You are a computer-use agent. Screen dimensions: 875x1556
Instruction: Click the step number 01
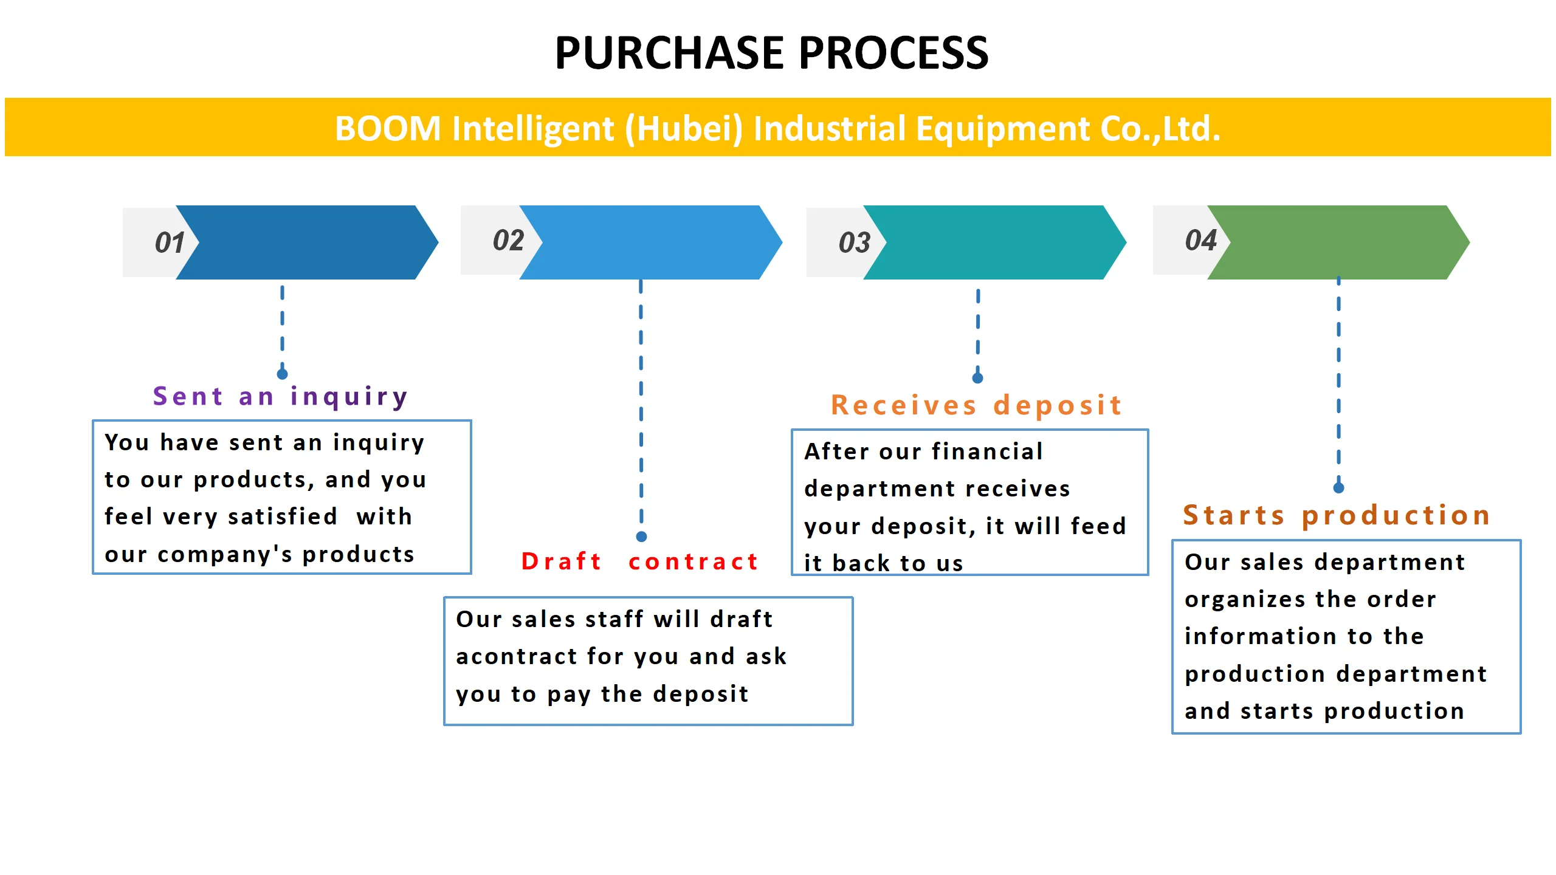coord(170,243)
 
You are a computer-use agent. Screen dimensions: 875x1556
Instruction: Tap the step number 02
coord(508,241)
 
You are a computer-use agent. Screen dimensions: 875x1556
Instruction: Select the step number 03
coord(854,243)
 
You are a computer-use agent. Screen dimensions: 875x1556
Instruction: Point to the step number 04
coord(1200,241)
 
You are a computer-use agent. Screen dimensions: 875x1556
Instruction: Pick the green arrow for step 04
coord(1337,242)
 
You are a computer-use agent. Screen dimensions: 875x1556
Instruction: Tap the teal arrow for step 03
coord(994,242)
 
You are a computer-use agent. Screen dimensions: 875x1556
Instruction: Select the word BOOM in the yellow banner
coord(388,129)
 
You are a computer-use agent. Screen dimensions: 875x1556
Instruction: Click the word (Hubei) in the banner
coord(684,129)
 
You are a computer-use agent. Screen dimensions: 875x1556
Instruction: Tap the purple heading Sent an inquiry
coord(280,396)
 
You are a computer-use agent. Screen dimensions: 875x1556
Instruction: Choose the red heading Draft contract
coord(640,561)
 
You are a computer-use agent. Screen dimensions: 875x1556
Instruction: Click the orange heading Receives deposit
coord(976,405)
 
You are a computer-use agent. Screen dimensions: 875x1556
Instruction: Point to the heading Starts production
coord(1336,515)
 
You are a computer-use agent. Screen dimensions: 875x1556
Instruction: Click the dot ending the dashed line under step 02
coord(641,537)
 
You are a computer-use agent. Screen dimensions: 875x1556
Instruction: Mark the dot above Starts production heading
coord(1338,487)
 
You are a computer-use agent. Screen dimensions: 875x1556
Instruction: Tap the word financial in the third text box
coord(987,451)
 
